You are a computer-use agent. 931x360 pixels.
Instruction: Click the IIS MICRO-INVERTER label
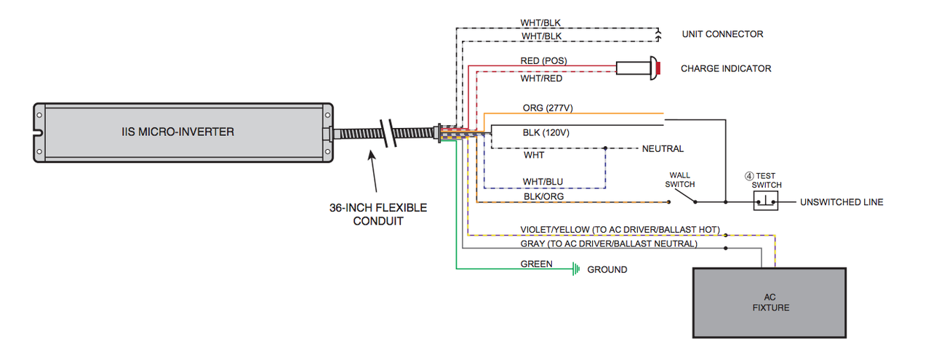(x=178, y=132)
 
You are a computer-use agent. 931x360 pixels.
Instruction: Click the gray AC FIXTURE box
(x=770, y=303)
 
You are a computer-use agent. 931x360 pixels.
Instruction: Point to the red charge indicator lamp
(x=657, y=68)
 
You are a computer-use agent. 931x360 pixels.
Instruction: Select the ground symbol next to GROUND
(x=576, y=269)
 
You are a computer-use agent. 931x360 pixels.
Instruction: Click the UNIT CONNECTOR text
(x=722, y=34)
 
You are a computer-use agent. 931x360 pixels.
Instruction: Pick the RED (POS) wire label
(x=543, y=60)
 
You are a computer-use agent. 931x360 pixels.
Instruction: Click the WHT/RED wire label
(x=540, y=78)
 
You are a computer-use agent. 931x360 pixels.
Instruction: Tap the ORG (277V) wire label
(x=548, y=108)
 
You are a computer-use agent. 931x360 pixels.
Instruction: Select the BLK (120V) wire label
(x=546, y=132)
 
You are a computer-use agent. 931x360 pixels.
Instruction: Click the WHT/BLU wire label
(x=543, y=181)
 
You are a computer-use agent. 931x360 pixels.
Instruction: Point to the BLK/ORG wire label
(x=543, y=196)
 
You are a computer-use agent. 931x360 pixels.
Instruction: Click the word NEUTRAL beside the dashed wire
(x=663, y=148)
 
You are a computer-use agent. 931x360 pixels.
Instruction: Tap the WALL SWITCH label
(x=679, y=180)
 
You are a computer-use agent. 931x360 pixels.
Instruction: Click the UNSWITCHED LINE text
(x=842, y=201)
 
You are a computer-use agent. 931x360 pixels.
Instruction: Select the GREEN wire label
(x=536, y=264)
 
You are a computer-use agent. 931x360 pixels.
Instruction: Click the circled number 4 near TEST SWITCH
(x=748, y=175)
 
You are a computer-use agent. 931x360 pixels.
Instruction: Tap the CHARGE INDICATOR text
(x=725, y=68)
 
